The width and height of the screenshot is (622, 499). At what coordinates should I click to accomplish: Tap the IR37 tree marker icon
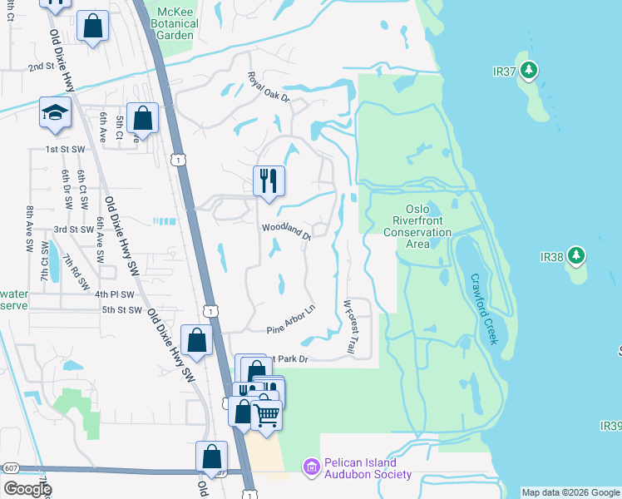(529, 71)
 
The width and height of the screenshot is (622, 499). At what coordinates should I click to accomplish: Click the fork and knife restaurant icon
(269, 180)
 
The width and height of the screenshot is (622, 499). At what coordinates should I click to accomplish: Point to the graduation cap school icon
(55, 113)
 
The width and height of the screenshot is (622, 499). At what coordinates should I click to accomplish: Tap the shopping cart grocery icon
(266, 414)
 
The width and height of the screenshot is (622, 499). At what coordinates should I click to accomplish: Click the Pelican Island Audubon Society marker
(311, 468)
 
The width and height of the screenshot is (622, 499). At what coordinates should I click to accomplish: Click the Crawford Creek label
(483, 309)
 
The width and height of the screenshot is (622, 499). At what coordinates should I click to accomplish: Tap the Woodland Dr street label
(285, 230)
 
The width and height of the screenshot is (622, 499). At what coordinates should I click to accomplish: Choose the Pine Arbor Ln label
(291, 320)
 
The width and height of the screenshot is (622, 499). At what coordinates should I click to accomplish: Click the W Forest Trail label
(351, 329)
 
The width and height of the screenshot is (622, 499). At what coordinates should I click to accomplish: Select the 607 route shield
(10, 468)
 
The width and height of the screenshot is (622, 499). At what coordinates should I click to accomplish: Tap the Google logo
(27, 488)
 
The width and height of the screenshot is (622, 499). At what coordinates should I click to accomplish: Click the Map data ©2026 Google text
(570, 492)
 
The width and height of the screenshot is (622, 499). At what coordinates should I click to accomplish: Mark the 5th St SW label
(121, 310)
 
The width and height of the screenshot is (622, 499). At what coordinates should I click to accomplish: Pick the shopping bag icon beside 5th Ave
(143, 118)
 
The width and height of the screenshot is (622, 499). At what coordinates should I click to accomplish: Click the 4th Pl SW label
(114, 294)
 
